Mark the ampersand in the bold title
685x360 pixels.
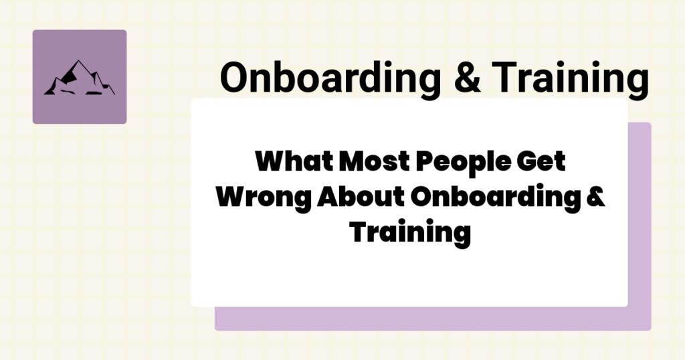(x=597, y=198)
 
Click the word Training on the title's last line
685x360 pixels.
(x=409, y=233)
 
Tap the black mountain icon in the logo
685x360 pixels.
(x=79, y=78)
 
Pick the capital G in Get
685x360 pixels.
(x=526, y=163)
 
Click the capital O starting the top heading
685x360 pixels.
(x=234, y=79)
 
